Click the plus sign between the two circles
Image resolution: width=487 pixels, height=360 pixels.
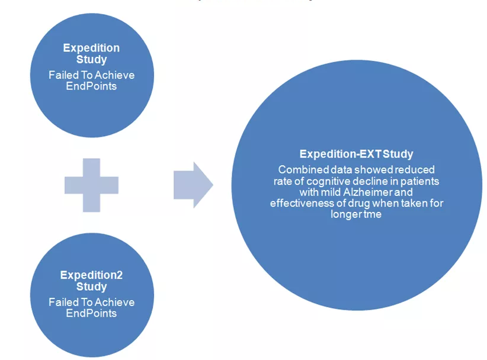(x=91, y=185)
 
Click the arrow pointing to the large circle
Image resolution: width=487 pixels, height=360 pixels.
(x=193, y=185)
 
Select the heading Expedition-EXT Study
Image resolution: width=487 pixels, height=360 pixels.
(x=356, y=154)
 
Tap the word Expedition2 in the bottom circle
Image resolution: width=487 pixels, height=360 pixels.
(x=91, y=275)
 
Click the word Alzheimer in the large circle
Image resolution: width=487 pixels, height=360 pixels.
(x=368, y=192)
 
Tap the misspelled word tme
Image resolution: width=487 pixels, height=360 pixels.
(x=373, y=214)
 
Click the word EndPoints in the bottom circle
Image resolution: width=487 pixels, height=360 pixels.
(x=91, y=313)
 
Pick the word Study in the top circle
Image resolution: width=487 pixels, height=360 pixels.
(x=91, y=59)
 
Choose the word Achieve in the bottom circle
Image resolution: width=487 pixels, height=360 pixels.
(x=114, y=303)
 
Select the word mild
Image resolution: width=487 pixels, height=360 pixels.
(x=331, y=192)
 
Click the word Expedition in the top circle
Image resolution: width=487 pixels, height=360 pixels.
(x=91, y=48)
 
